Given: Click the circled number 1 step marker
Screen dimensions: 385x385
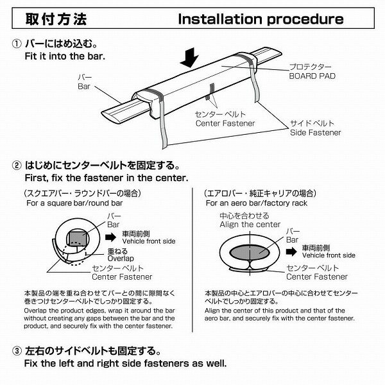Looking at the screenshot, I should (x=16, y=45).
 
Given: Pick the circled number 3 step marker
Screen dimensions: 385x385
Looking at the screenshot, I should (x=16, y=352).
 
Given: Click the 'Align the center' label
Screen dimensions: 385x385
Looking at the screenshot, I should (x=250, y=225).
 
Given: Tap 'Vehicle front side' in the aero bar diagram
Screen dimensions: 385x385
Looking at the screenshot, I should (x=329, y=255).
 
